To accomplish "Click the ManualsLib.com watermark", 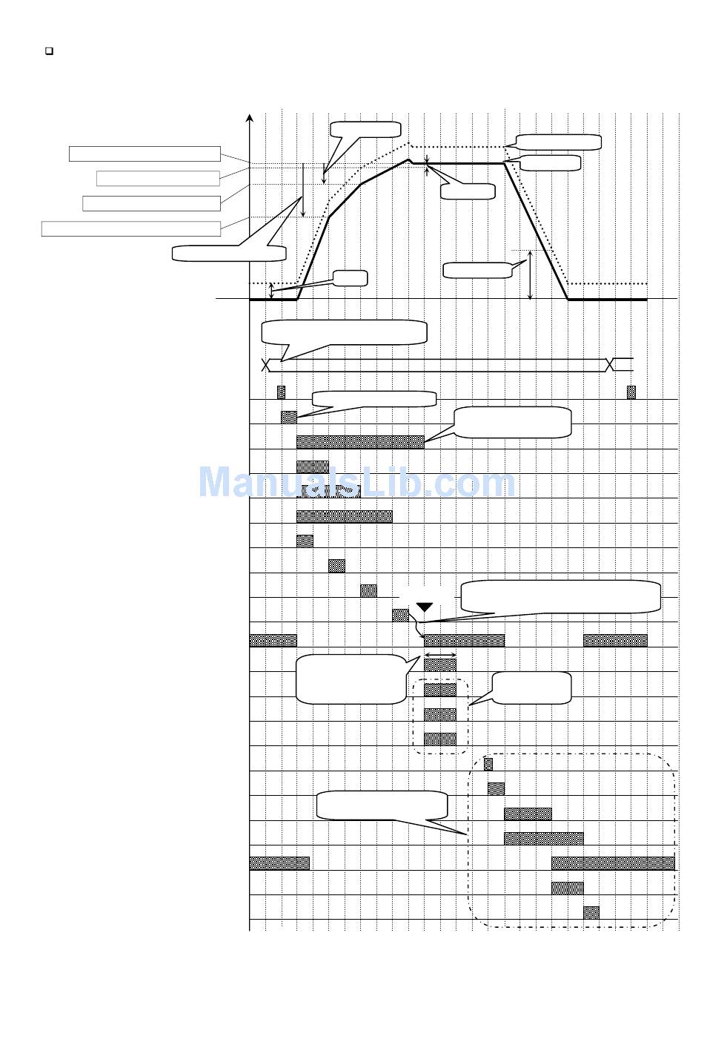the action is (x=356, y=482).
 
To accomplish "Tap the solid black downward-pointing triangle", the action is (x=424, y=607).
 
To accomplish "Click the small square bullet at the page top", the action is (x=49, y=51).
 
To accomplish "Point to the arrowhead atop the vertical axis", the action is (x=250, y=118).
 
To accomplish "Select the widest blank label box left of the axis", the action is (x=131, y=228).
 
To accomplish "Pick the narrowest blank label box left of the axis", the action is (x=158, y=178).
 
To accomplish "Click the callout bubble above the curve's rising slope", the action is (x=365, y=129).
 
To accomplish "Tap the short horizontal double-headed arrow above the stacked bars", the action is (x=439, y=654).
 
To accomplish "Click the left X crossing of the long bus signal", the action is (x=267, y=364).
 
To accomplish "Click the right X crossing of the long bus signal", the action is (x=611, y=364).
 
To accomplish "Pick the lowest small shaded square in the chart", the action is (x=591, y=912).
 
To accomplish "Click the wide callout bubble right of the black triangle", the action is (x=560, y=596).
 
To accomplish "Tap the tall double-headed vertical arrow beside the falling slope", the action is (x=531, y=275).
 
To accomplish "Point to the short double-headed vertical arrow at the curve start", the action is (x=272, y=291).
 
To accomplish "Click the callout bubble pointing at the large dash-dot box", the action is (x=382, y=805).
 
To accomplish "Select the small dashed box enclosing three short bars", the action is (x=441, y=716).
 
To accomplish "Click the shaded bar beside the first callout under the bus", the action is (x=289, y=417).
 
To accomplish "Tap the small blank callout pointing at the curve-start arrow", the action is (x=350, y=278).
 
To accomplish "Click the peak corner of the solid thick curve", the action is (x=408, y=159).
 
